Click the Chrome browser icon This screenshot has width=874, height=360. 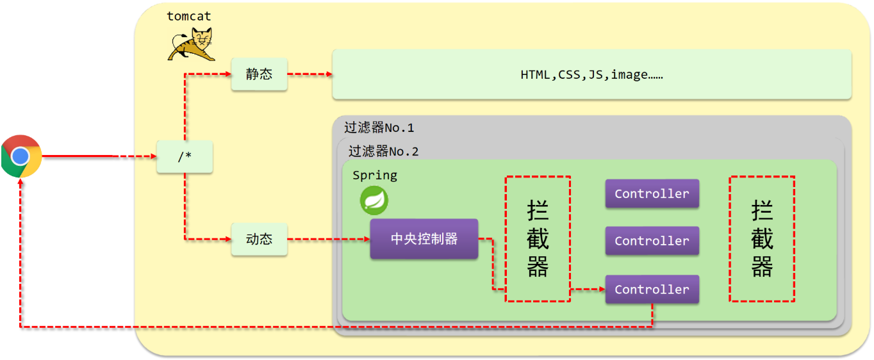pyautogui.click(x=21, y=156)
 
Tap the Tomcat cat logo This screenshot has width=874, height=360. pyautogui.click(x=192, y=45)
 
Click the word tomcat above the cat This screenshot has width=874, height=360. pyautogui.click(x=189, y=16)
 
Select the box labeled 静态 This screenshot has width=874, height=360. pyautogui.click(x=259, y=74)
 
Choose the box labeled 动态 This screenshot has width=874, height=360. pyautogui.click(x=259, y=240)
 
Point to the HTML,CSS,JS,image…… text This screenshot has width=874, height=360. pyautogui.click(x=591, y=75)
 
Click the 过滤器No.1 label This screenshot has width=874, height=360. pyautogui.click(x=379, y=127)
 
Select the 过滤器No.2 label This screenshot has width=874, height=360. pyautogui.click(x=383, y=152)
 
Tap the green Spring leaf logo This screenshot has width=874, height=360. pyautogui.click(x=374, y=200)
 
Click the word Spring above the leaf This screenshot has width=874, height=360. pyautogui.click(x=375, y=176)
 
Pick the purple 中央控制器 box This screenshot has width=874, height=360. pyautogui.click(x=424, y=239)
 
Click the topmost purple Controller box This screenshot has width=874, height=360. pyautogui.click(x=652, y=193)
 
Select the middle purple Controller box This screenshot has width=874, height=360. pyautogui.click(x=652, y=241)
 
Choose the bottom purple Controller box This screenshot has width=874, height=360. pyautogui.click(x=652, y=290)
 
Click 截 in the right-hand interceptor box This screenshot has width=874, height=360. pyautogui.click(x=762, y=239)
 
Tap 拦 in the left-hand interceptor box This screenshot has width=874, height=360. pyautogui.click(x=538, y=211)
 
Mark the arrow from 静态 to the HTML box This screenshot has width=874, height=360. pyautogui.click(x=309, y=74)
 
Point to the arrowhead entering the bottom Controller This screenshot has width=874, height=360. pyautogui.click(x=601, y=290)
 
